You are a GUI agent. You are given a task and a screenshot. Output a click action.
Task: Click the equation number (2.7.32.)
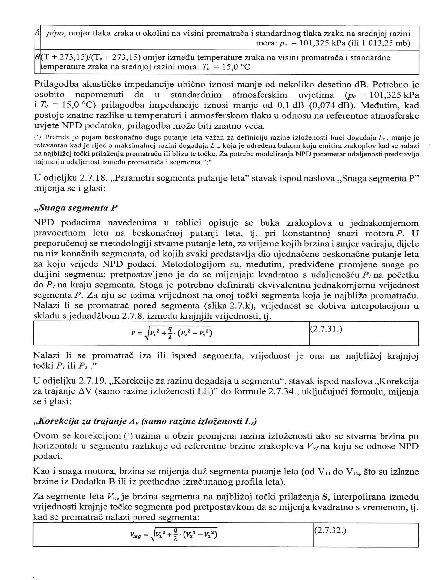tap(330, 530)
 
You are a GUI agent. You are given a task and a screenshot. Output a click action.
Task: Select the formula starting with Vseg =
tap(172, 535)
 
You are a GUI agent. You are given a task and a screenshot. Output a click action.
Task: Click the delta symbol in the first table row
tap(36, 34)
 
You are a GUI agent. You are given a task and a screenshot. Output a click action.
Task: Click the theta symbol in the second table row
tap(37, 58)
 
